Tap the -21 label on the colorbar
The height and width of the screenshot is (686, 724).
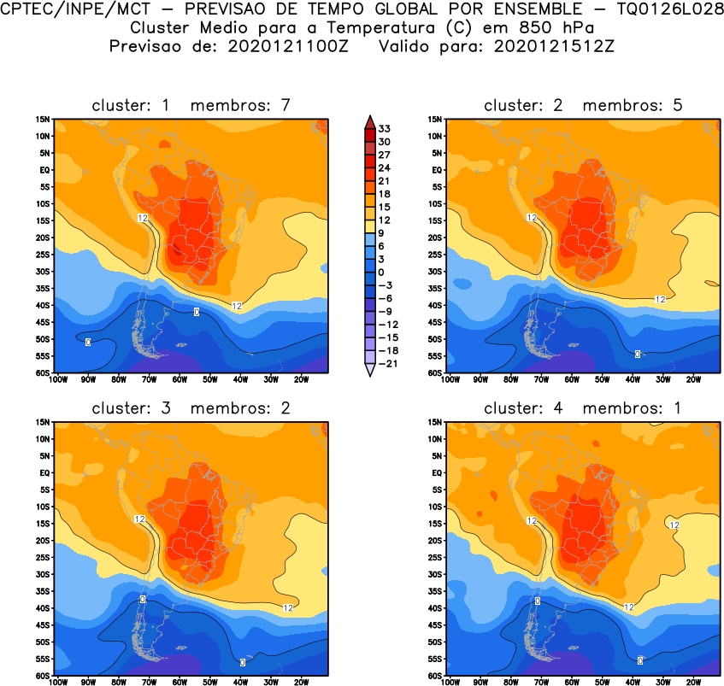pos(386,363)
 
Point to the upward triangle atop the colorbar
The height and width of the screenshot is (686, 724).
pos(368,120)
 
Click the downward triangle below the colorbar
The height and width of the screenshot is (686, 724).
pos(368,371)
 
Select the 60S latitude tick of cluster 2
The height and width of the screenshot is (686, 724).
pos(435,373)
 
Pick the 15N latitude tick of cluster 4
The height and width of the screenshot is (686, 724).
pos(435,423)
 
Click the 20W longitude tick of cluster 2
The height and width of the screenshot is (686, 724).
pos(693,378)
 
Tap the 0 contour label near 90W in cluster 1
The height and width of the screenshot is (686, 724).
pos(88,343)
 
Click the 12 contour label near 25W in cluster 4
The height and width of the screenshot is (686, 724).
pos(674,525)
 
